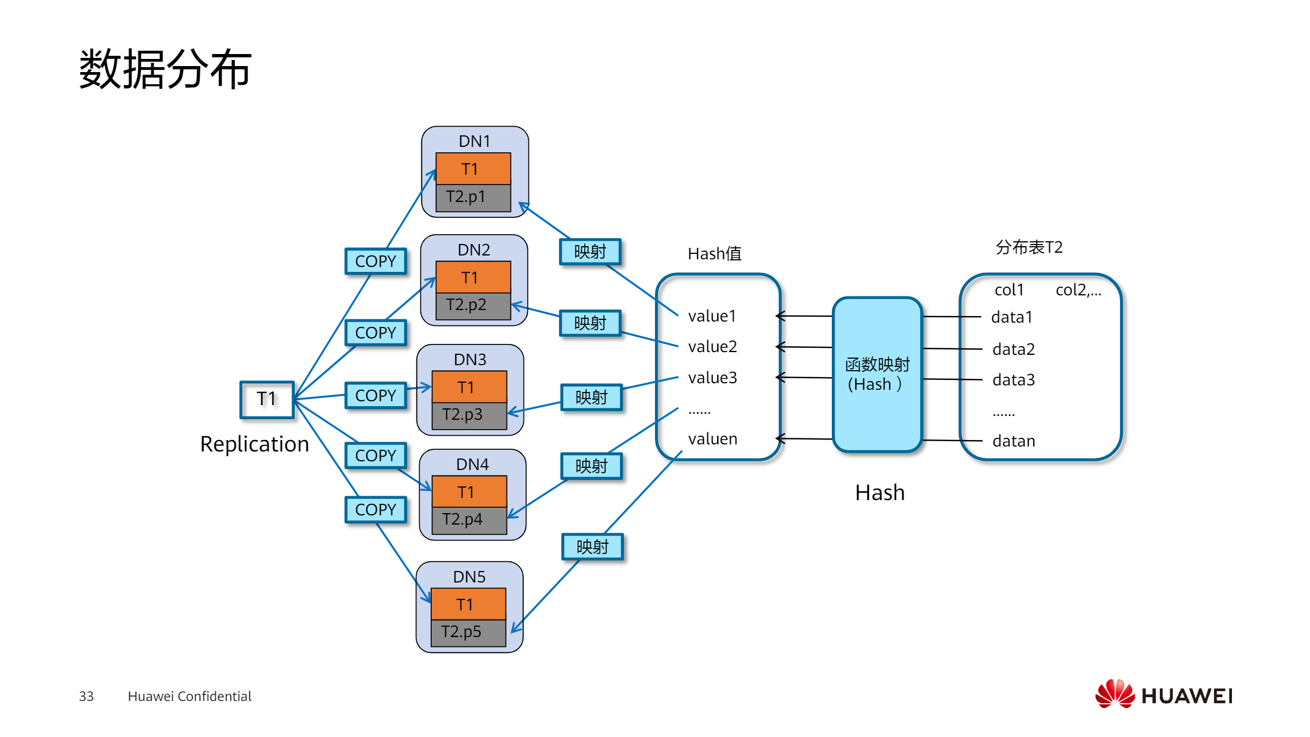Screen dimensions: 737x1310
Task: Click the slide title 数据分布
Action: pyautogui.click(x=165, y=69)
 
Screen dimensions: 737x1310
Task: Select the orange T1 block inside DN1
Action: pyautogui.click(x=473, y=169)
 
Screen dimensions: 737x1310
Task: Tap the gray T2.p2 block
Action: pyautogui.click(x=473, y=305)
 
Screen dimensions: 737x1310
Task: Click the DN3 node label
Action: pyautogui.click(x=469, y=359)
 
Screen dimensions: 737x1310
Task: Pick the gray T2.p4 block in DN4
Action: pyautogui.click(x=469, y=519)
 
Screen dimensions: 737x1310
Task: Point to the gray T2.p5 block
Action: pyautogui.click(x=468, y=632)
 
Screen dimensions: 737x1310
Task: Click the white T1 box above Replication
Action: pyautogui.click(x=267, y=399)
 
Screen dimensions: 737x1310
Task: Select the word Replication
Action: pyautogui.click(x=254, y=444)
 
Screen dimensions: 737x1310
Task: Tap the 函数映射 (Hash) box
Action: pyautogui.click(x=877, y=375)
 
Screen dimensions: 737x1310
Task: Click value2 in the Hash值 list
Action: pyautogui.click(x=712, y=347)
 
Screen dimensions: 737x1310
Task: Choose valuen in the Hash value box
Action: pyautogui.click(x=712, y=439)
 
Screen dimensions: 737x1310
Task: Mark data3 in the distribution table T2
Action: pyautogui.click(x=1013, y=380)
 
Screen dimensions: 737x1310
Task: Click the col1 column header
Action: pyautogui.click(x=1009, y=290)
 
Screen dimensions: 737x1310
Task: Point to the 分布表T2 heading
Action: pyautogui.click(x=1029, y=247)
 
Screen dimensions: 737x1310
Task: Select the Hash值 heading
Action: pyautogui.click(x=714, y=254)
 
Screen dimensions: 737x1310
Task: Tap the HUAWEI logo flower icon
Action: pyautogui.click(x=1114, y=694)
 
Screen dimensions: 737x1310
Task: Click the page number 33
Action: pyautogui.click(x=86, y=697)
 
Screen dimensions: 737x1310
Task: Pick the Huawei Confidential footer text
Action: pyautogui.click(x=189, y=697)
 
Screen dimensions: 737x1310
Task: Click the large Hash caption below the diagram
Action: pyautogui.click(x=879, y=493)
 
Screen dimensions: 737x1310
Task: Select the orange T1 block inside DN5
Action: pyautogui.click(x=468, y=604)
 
